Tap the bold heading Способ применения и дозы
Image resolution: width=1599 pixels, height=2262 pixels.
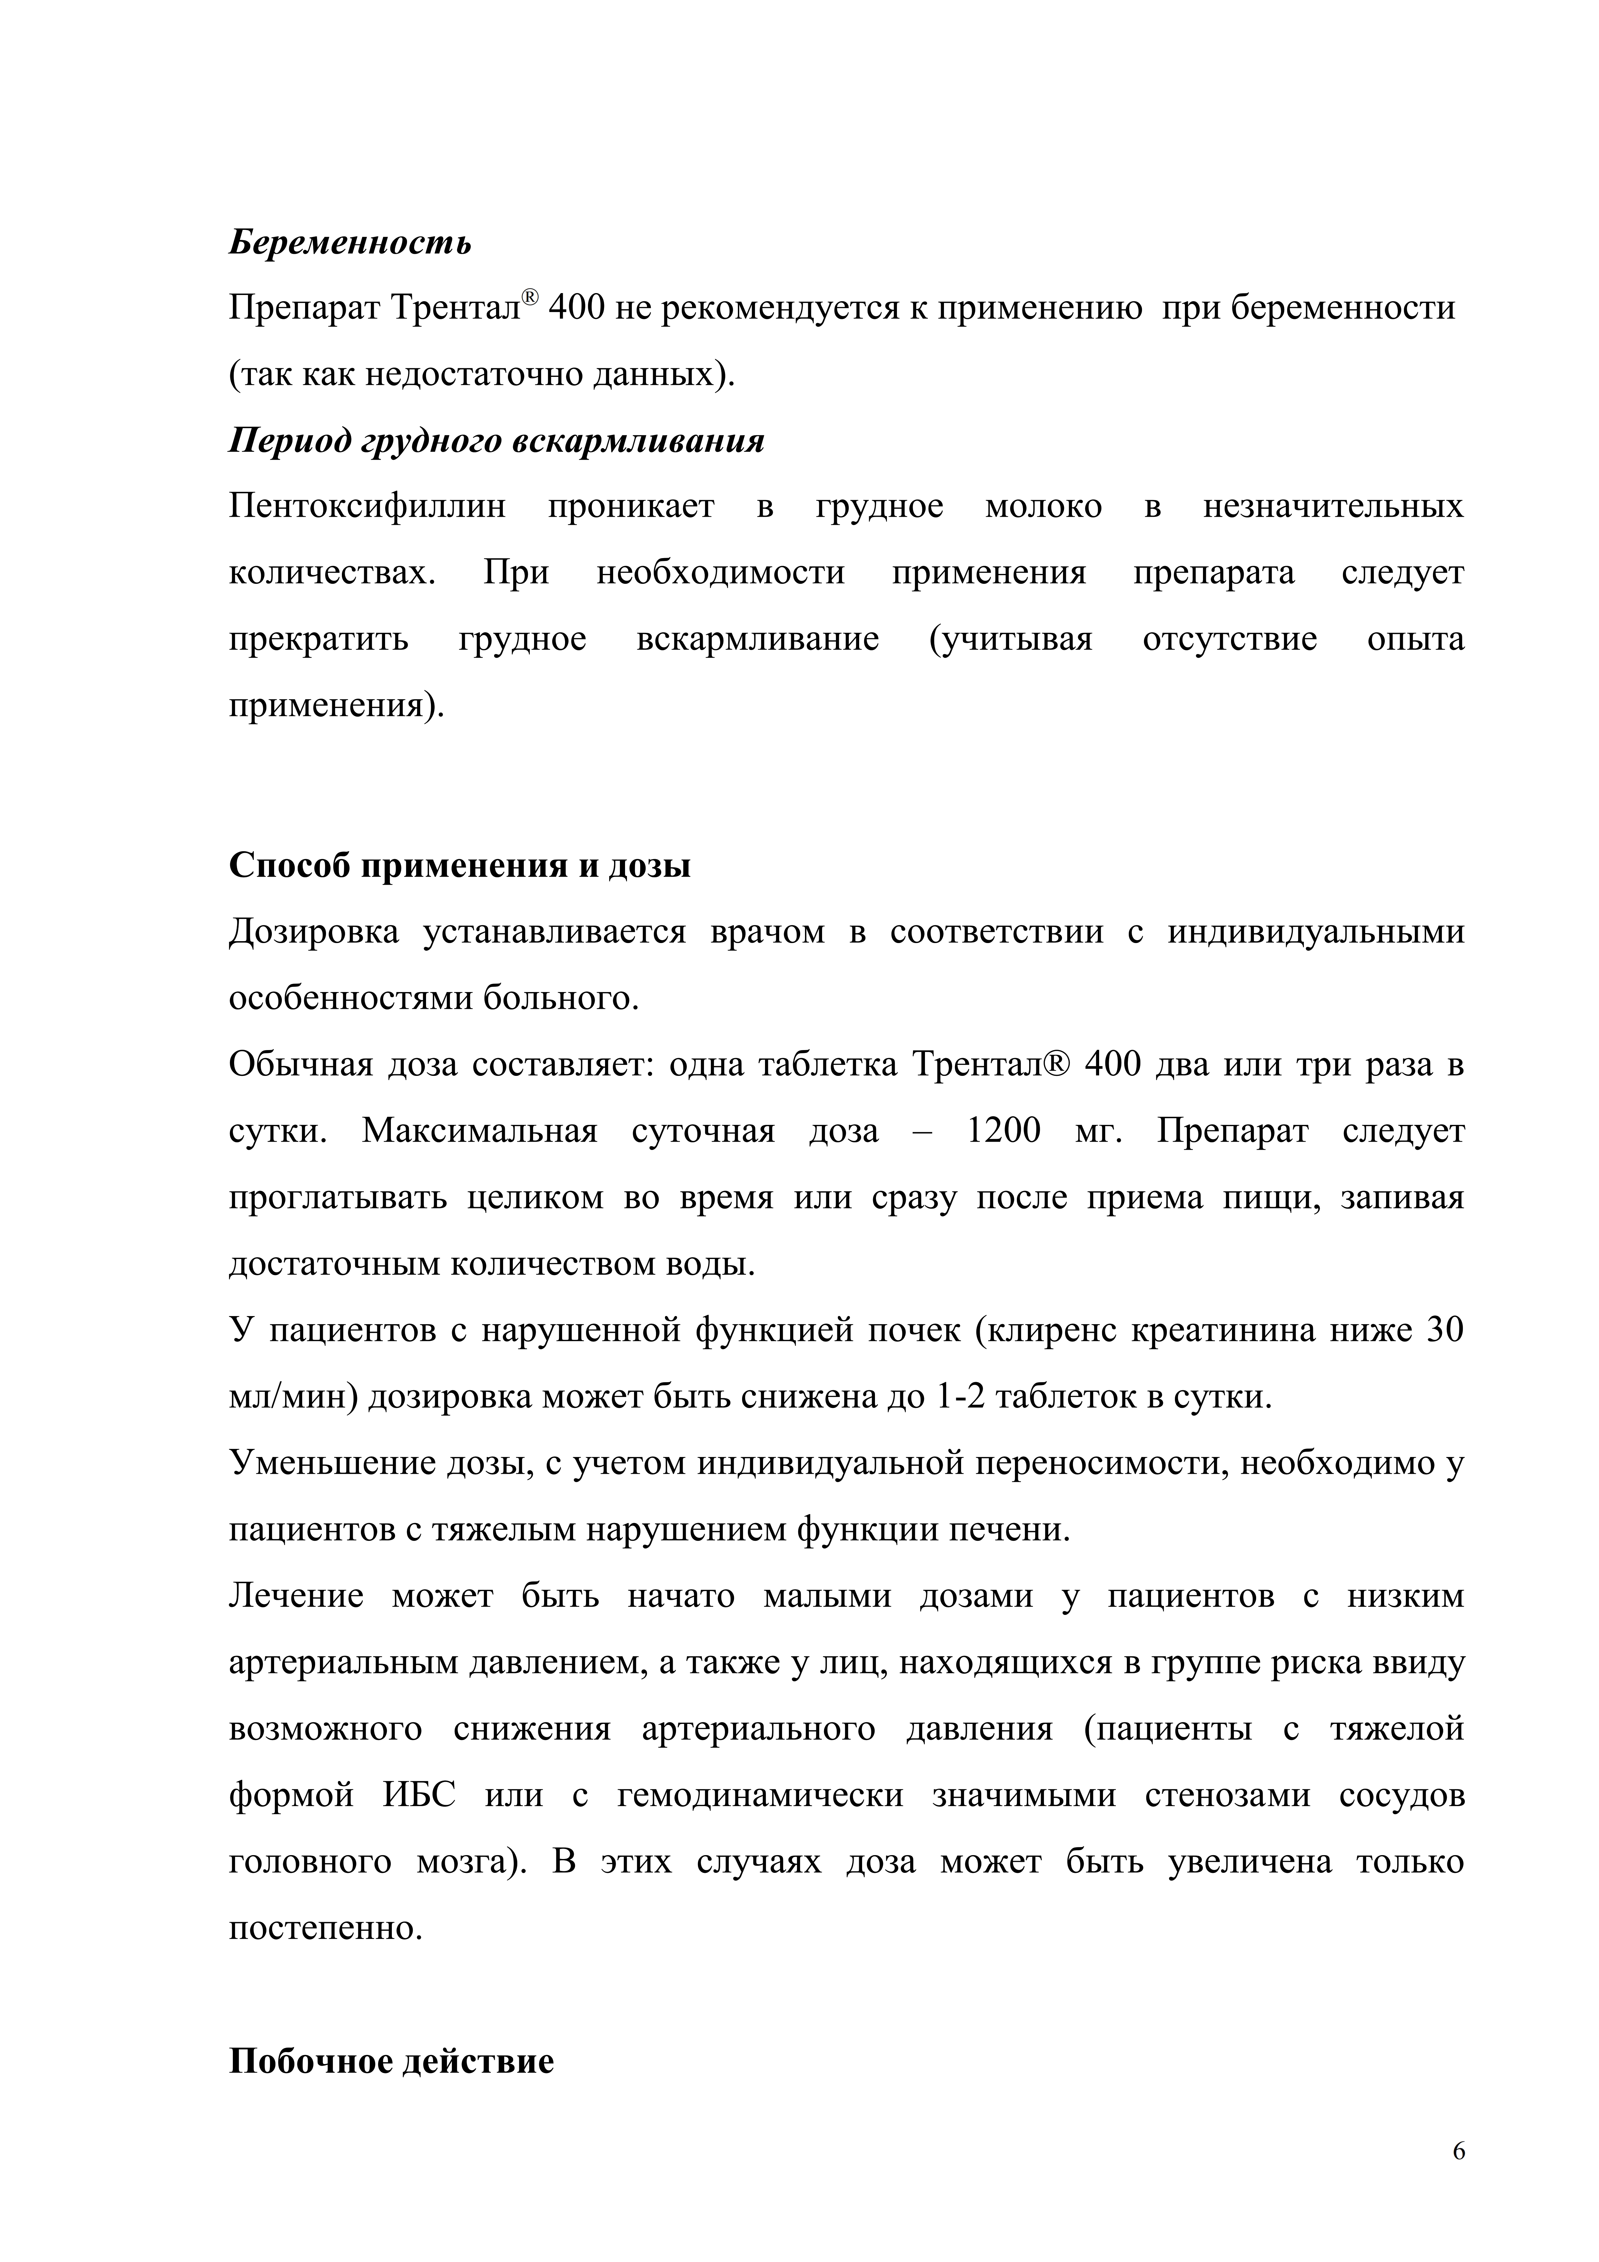[x=459, y=865]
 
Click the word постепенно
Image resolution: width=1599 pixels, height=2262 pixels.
[x=325, y=1929]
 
